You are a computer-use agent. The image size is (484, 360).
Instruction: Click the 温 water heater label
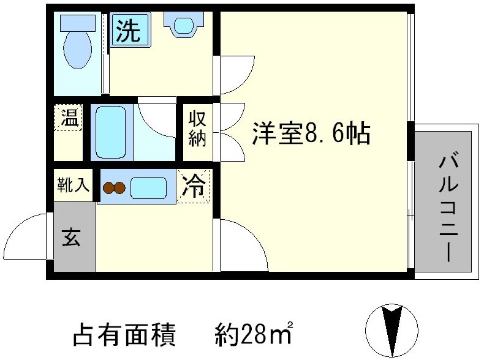69,118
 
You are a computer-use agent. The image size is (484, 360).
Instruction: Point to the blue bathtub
112,132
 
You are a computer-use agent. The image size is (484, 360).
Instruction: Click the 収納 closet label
197,129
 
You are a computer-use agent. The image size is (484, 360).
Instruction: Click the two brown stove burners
114,188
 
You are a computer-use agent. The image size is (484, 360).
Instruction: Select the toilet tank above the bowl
77,23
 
